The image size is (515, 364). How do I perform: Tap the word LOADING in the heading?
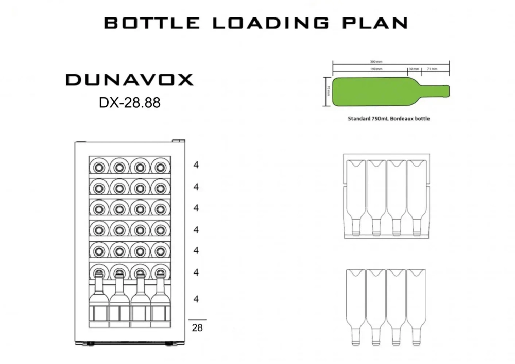tap(271, 23)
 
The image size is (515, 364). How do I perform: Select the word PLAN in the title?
tap(379, 23)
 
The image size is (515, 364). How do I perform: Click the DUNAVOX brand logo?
tap(129, 80)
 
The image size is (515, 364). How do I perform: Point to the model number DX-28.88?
tap(129, 103)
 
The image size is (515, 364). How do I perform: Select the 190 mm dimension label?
tap(376, 68)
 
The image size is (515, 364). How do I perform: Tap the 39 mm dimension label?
tap(414, 68)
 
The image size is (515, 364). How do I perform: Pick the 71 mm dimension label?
tap(433, 68)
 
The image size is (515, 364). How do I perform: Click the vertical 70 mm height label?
tap(328, 90)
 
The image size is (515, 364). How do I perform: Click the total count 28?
tap(197, 327)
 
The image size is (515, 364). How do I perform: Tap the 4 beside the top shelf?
tap(196, 165)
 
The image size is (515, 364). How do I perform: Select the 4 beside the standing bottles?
tap(196, 299)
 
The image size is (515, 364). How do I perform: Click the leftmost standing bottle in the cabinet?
tap(99, 301)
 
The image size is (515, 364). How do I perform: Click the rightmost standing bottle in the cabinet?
tap(159, 301)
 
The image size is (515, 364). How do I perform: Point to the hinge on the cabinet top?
tap(177, 140)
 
